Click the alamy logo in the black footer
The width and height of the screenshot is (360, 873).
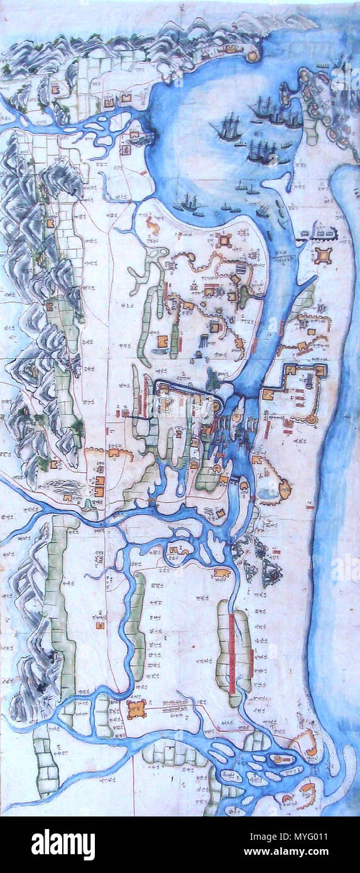click(63, 843)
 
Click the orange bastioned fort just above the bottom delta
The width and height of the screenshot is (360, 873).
click(136, 709)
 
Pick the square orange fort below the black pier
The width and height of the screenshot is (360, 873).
click(324, 255)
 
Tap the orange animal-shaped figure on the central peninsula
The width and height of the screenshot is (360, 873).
click(152, 224)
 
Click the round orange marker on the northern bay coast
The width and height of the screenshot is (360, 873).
click(253, 55)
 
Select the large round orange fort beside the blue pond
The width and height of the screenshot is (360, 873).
click(285, 488)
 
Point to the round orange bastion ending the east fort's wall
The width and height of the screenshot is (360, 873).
click(312, 418)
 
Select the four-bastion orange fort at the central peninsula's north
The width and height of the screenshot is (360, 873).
click(224, 241)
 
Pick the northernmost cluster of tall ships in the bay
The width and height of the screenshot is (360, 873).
click(276, 113)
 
